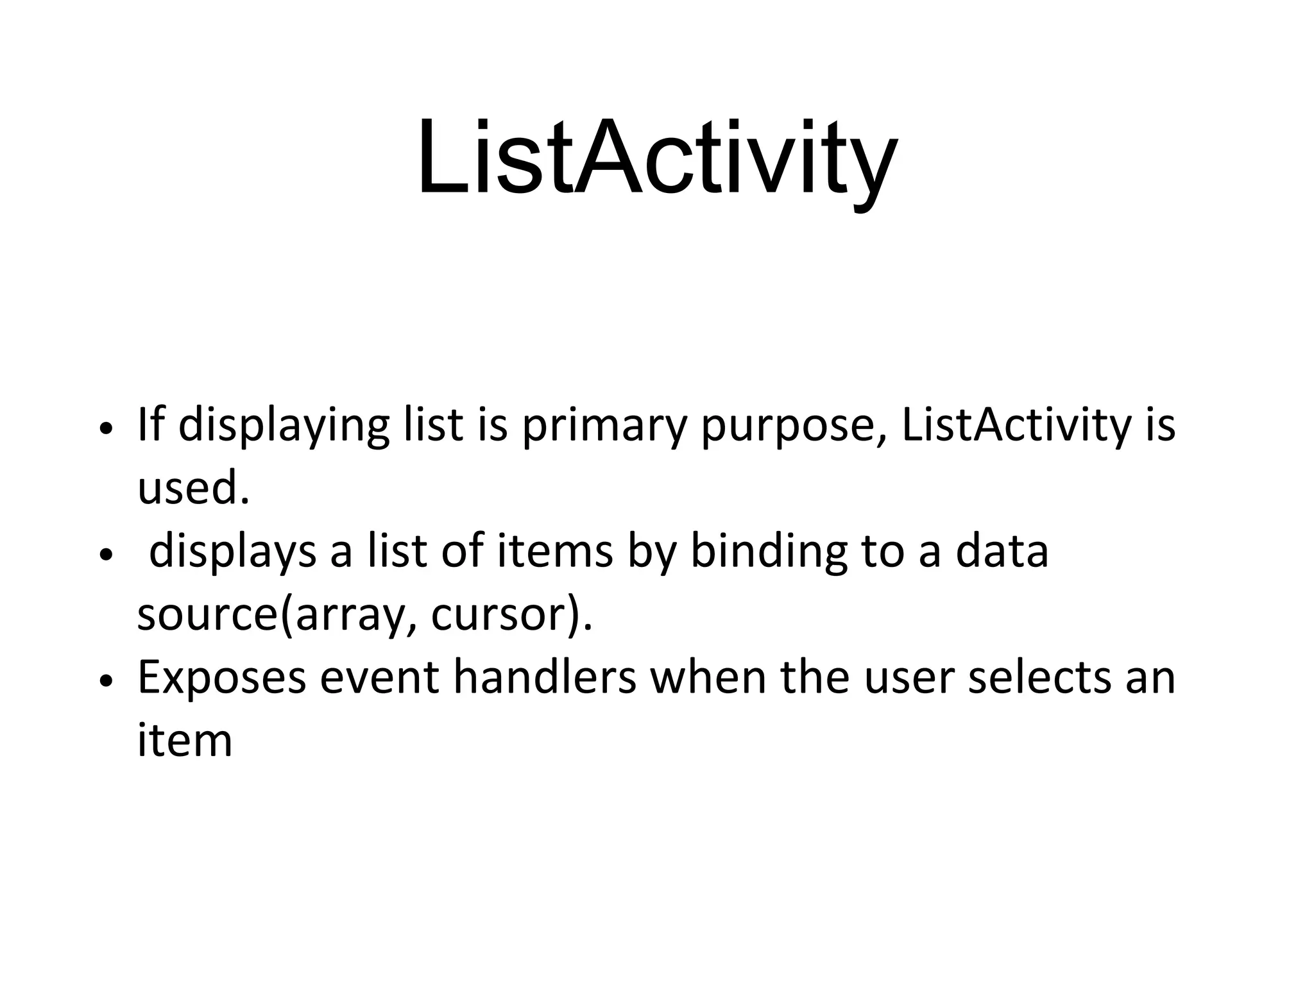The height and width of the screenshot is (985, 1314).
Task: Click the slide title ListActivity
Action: click(657, 159)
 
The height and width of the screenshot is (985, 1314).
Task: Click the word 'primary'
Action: click(604, 426)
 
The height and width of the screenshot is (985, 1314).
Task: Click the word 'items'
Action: click(555, 551)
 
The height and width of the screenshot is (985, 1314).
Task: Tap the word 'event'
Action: click(379, 678)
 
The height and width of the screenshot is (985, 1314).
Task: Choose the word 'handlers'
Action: click(545, 677)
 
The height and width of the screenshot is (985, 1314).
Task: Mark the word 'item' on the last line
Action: click(185, 740)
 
